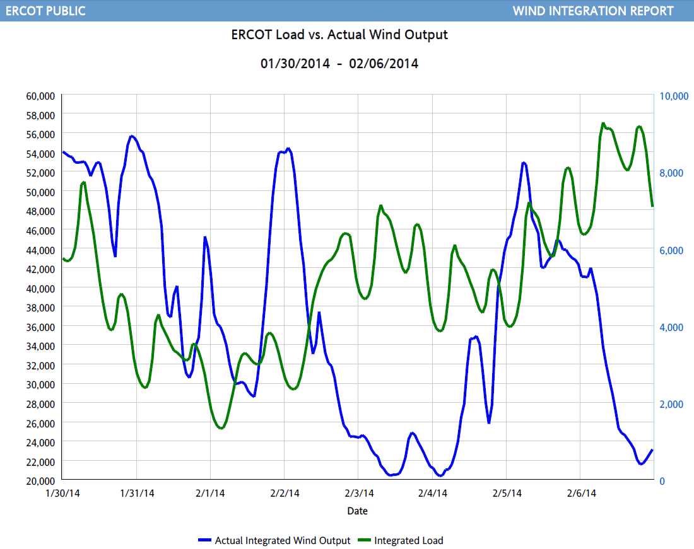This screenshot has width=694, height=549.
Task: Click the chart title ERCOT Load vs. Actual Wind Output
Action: [x=339, y=35]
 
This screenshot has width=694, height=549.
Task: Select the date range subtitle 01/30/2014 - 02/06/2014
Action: [x=339, y=64]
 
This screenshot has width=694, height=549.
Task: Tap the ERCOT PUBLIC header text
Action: [x=45, y=11]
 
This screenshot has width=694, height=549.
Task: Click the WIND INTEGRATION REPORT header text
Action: [x=593, y=11]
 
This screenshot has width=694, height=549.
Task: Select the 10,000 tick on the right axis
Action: [x=673, y=96]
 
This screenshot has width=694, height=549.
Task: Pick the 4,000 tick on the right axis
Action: [x=670, y=327]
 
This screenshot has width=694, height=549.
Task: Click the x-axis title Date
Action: [x=357, y=511]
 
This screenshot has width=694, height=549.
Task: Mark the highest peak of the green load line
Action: [x=603, y=124]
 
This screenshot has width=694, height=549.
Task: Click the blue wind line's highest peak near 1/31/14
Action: [x=131, y=136]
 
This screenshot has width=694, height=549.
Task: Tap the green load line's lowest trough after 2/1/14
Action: [x=221, y=428]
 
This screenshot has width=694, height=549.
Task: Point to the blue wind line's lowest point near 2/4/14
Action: [x=440, y=475]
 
